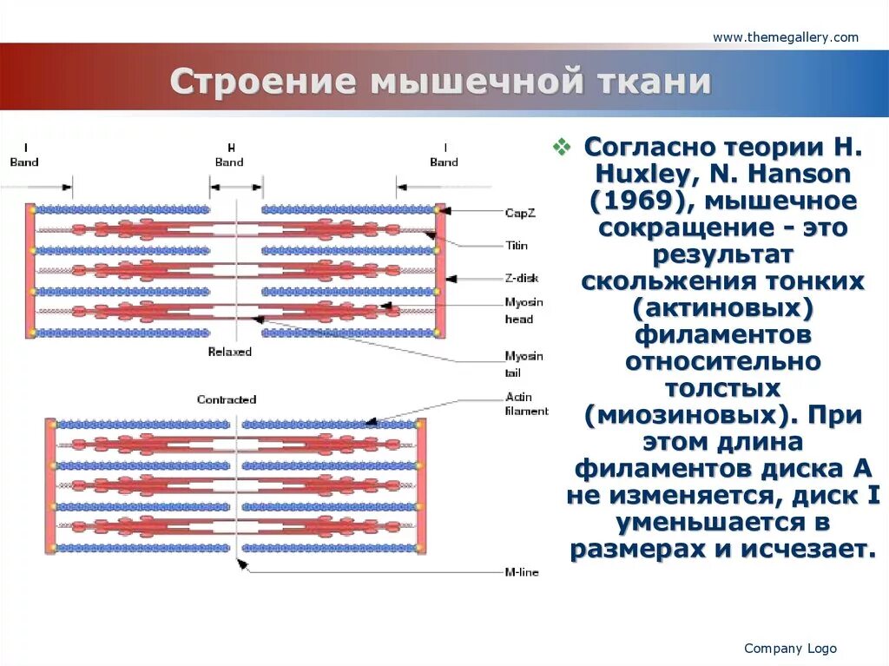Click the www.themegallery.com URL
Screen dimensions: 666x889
point(786,37)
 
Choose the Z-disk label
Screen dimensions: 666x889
point(521,278)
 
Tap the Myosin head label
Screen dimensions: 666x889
point(524,310)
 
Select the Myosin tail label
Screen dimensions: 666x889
point(524,365)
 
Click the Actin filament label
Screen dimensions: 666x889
point(526,404)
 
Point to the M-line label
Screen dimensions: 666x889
point(521,572)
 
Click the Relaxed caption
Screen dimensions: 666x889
point(229,352)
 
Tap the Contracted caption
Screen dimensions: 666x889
point(227,399)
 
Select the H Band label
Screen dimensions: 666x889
point(229,155)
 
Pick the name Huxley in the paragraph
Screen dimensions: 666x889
point(635,175)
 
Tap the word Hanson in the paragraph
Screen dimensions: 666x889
point(797,175)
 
